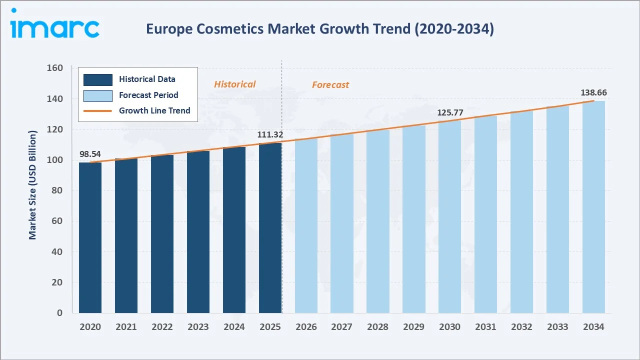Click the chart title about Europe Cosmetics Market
click(319, 29)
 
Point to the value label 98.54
click(90, 153)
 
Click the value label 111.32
click(270, 134)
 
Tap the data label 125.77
click(450, 112)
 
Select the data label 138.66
click(593, 92)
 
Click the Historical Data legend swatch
click(97, 79)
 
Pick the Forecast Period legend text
click(148, 95)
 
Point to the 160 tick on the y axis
click(55, 68)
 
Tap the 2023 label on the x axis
click(198, 326)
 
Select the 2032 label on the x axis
click(521, 326)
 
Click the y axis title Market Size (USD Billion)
click(33, 185)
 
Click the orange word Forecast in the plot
click(330, 85)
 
